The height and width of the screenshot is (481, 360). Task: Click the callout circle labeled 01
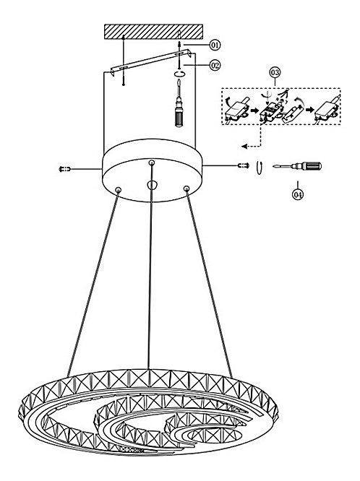[x=215, y=45]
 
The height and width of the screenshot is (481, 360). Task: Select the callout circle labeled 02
[x=215, y=65]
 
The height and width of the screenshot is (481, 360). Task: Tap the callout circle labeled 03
[x=275, y=73]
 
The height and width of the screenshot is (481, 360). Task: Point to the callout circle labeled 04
[x=297, y=195]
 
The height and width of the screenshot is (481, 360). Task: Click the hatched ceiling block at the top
[x=153, y=32]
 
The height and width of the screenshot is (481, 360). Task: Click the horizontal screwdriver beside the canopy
[x=297, y=166]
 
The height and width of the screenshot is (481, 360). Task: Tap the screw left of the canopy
[x=64, y=169]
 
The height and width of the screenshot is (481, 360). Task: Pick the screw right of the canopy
[x=244, y=165]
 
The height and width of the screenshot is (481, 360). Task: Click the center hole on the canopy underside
[x=152, y=185]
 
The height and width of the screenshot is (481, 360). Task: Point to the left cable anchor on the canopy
[x=119, y=190]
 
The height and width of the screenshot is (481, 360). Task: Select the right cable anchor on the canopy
[x=186, y=188]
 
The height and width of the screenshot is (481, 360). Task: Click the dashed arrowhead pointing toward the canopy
[x=244, y=147]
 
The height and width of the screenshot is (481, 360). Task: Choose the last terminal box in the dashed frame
[x=327, y=110]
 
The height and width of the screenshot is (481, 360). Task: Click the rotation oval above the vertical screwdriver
[x=180, y=74]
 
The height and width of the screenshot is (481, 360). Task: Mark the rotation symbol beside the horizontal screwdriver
[x=260, y=168]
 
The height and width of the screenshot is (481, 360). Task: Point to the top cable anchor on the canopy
[x=151, y=162]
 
